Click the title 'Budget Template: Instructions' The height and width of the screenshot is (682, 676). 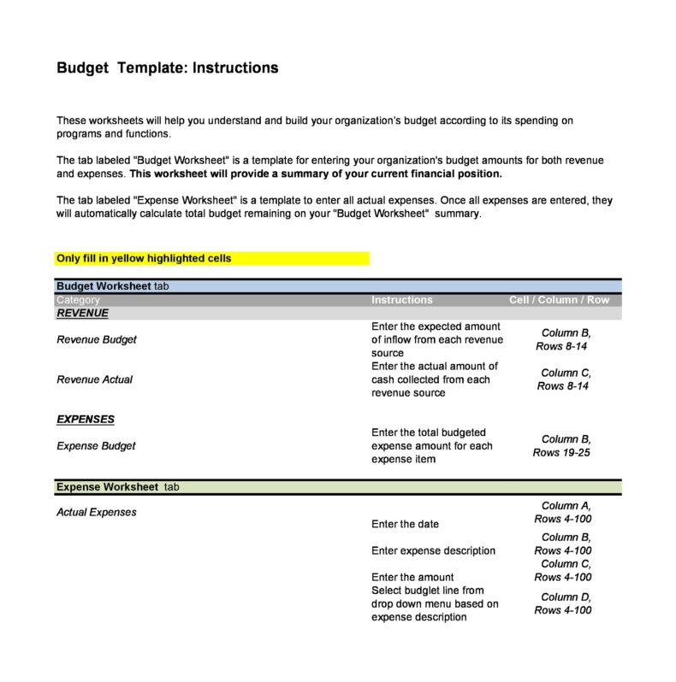coord(167,68)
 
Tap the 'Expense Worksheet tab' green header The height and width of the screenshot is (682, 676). coord(118,487)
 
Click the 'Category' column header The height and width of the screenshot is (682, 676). coord(78,300)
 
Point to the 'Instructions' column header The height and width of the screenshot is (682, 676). coord(402,300)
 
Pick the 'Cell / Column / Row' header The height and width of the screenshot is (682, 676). coord(559,300)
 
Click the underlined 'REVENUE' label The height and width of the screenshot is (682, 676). coord(82,313)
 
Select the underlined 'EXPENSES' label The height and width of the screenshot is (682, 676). coord(86,420)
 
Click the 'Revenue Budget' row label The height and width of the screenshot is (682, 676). coord(97,339)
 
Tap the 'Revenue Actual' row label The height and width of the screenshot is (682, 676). coord(94,379)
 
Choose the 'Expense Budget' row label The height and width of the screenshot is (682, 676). coord(96,446)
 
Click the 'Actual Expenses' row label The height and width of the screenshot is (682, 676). coord(97,513)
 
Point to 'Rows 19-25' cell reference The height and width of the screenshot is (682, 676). coord(561,453)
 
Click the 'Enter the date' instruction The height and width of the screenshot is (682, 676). coord(405,524)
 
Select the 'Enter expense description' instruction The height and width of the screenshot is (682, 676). coord(433,550)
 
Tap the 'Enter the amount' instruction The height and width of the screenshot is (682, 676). coord(412,577)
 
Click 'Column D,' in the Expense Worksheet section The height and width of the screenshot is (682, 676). coord(566,597)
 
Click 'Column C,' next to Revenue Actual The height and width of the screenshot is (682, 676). coord(566,373)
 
